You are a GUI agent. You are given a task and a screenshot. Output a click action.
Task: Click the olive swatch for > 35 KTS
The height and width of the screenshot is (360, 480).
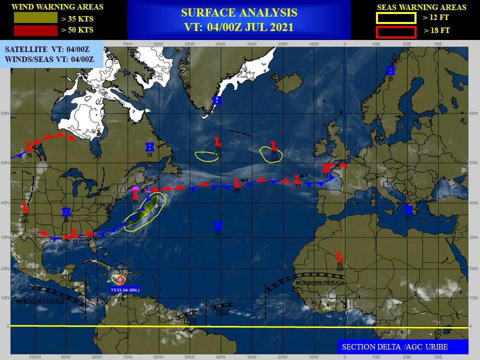pos(35,18)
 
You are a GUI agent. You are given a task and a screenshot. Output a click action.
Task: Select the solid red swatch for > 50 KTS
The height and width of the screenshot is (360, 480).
pos(35,31)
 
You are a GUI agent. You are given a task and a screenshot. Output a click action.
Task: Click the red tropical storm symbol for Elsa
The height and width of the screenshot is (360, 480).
pos(119,280)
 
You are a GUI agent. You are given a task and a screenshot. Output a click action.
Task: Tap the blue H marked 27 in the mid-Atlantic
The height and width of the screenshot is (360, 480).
pos(217,225)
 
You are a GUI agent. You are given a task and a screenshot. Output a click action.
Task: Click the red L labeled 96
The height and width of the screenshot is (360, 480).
pos(29,147)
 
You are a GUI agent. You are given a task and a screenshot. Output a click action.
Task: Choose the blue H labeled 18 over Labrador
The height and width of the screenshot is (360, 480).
pos(149,147)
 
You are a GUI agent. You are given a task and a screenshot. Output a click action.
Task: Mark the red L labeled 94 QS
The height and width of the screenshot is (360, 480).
pos(273,146)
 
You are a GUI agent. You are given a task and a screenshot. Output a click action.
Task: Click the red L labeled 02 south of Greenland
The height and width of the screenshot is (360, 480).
pos(217,142)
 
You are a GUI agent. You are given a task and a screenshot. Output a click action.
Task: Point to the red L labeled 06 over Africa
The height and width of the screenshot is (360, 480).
pos(340,256)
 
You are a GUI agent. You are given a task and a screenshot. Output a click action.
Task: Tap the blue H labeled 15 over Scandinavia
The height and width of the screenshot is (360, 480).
pos(390,71)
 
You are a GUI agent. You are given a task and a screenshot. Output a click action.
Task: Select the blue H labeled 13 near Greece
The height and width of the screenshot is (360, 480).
pos(408,210)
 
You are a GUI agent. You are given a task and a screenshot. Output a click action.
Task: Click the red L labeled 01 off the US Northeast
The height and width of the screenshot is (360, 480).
pos(135,195)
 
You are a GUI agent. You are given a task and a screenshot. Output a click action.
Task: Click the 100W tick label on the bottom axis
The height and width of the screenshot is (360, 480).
pos(34,357)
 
